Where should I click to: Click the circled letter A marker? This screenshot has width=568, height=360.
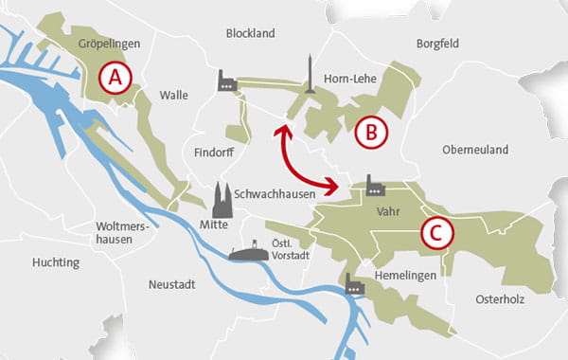tap(115, 79)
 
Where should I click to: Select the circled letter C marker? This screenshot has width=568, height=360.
tap(435, 232)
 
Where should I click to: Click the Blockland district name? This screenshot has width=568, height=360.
tap(250, 34)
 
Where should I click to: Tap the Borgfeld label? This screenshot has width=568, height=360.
tap(442, 43)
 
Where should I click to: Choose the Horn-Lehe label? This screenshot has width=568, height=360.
tap(351, 80)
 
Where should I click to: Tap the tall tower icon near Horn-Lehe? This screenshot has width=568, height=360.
tap(306, 76)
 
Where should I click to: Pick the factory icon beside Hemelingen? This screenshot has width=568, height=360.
tap(355, 283)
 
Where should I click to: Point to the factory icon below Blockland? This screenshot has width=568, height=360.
tap(227, 81)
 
